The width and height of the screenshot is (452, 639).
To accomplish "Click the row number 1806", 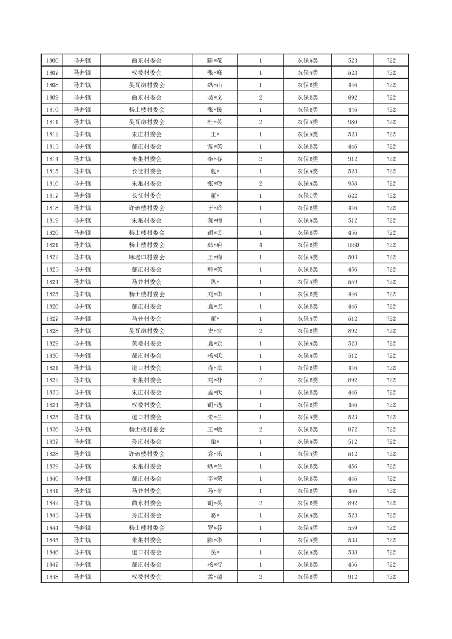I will point(51,60).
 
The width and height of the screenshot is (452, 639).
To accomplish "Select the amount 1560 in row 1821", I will point(352,245).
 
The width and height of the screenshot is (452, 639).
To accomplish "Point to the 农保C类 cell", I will point(308,195).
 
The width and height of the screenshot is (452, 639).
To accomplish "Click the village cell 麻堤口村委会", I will point(146,257).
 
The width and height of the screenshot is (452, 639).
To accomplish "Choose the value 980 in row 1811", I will point(352,122).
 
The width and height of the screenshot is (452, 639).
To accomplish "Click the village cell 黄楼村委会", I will point(146,343).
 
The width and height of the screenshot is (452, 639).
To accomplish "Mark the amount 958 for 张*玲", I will point(352,183).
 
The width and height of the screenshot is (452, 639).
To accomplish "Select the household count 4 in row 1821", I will point(260,245).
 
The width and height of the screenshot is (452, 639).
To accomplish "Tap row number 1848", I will point(51,577).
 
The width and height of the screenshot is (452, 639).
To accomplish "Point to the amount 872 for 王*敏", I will point(352,429).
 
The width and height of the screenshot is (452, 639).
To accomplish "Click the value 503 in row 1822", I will point(352,257).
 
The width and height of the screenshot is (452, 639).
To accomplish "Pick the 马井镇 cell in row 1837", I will point(83,441).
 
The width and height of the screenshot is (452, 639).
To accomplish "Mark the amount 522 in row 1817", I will point(352,195).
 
